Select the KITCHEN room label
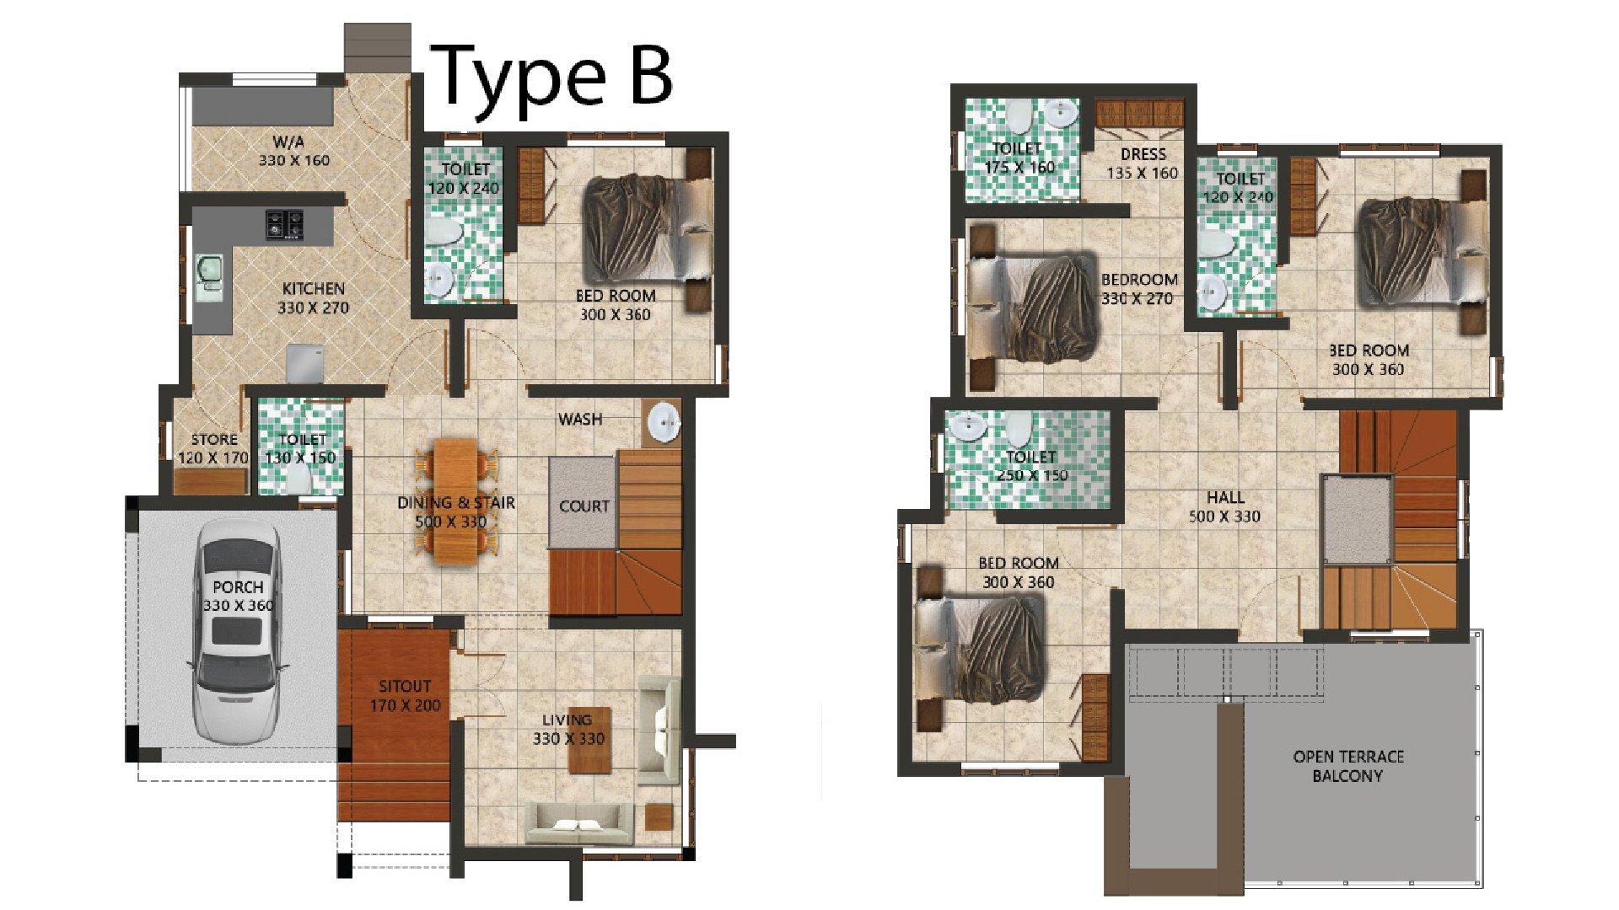tap(313, 288)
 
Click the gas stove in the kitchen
tap(284, 224)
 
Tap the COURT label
tap(584, 506)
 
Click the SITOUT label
tap(405, 687)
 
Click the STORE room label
tap(214, 439)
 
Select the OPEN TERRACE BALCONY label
tap(1348, 766)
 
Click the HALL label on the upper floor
tap(1225, 497)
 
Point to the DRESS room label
tap(1143, 154)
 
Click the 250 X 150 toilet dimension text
tap(1032, 475)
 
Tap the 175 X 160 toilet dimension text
tap(1019, 167)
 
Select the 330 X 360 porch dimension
tap(238, 606)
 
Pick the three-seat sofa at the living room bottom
tap(580, 823)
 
